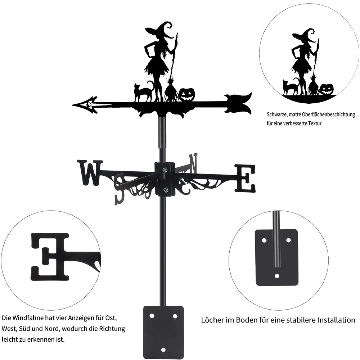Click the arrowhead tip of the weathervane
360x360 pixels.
(73, 105)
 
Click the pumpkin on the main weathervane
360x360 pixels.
(187, 95)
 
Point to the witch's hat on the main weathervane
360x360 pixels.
(160, 30)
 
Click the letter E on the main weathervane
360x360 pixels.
(245, 178)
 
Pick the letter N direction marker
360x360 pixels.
(193, 163)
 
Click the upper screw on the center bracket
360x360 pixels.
(165, 170)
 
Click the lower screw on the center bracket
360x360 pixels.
(165, 190)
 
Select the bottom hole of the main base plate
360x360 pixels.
(163, 350)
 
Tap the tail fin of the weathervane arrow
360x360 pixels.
(238, 104)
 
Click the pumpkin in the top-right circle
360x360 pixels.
(326, 89)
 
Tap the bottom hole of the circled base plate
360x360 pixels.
(277, 276)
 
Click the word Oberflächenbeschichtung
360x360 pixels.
(329, 114)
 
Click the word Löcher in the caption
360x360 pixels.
(212, 320)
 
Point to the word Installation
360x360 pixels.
(336, 320)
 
